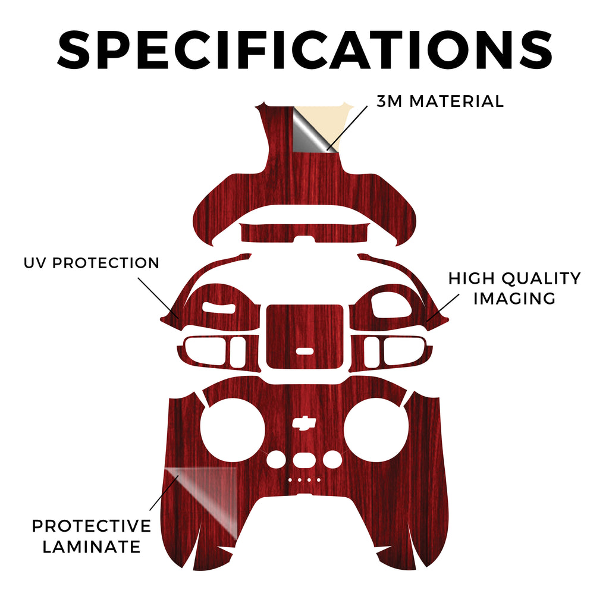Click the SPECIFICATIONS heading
tap(305, 50)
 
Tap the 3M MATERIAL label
tap(440, 101)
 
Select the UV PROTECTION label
tap(91, 263)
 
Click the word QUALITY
tap(541, 278)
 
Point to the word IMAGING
tap(514, 299)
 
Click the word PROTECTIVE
tap(91, 526)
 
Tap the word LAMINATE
tap(91, 547)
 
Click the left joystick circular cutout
tap(233, 430)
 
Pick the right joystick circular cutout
tap(376, 430)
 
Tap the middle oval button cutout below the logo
tap(304, 460)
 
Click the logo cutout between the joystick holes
tap(304, 423)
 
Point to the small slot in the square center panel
tap(304, 351)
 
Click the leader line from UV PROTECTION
tap(158, 298)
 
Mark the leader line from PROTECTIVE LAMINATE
tap(164, 492)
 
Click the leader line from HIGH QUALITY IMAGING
tap(442, 307)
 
